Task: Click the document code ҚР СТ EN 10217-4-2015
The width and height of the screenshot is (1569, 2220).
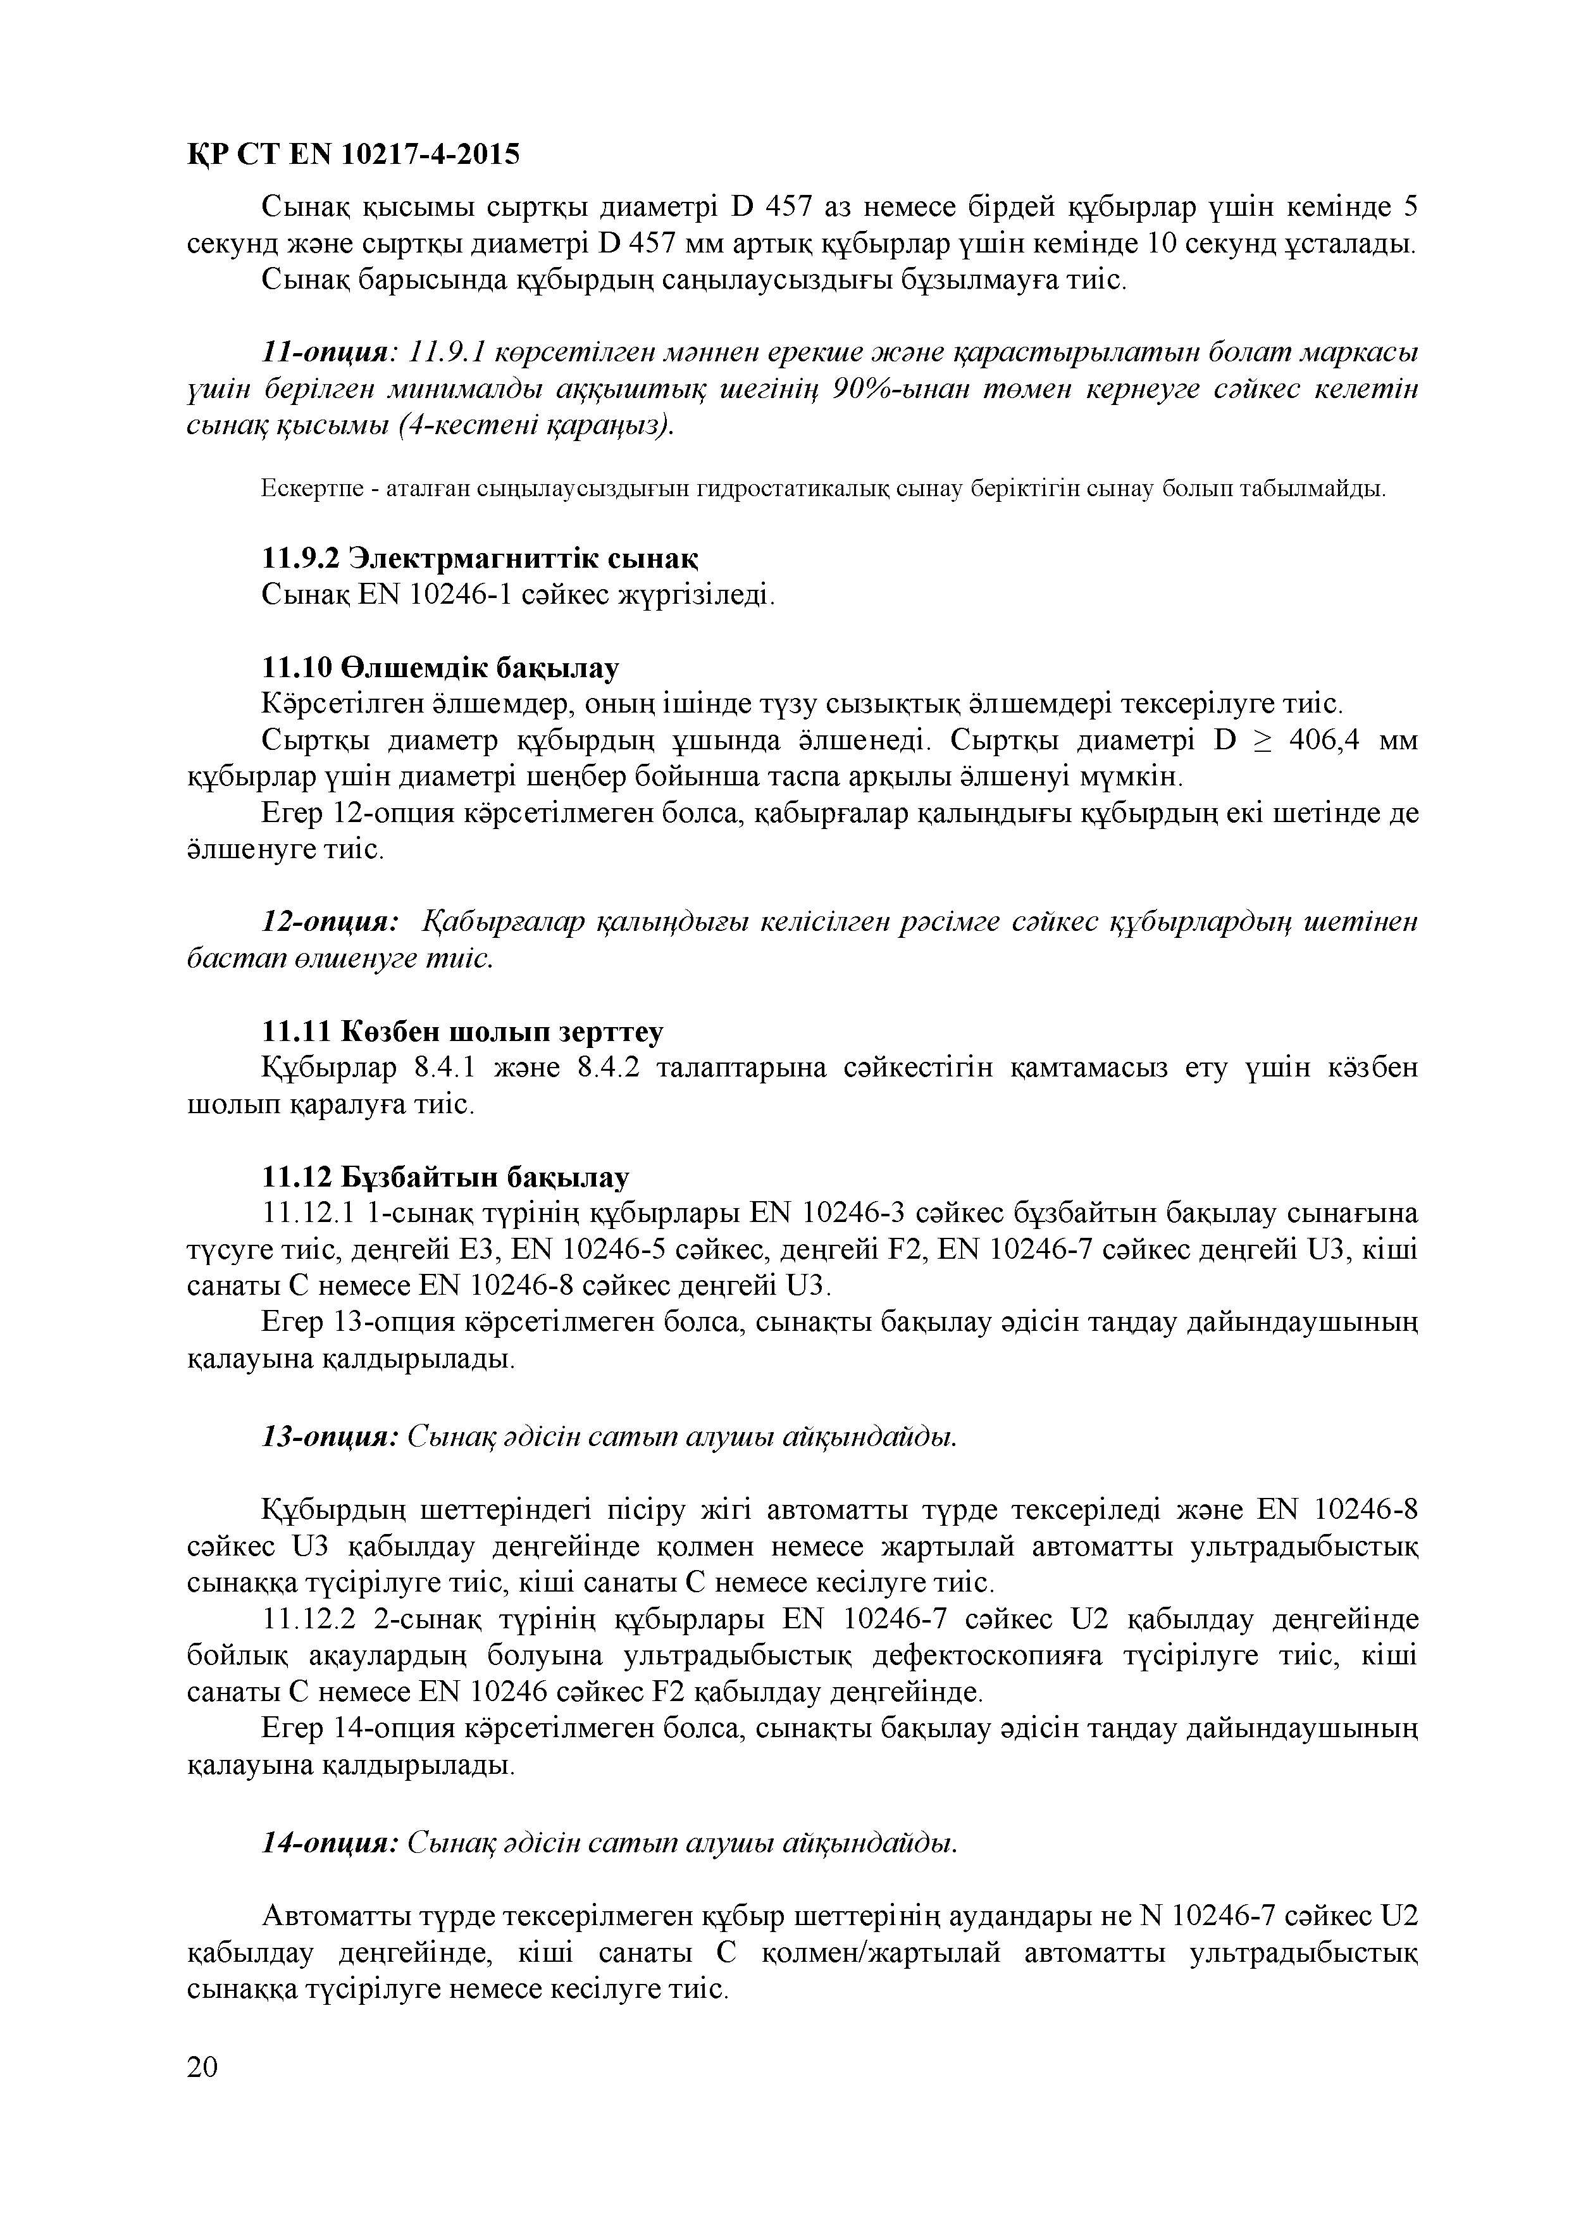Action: pyautogui.click(x=353, y=154)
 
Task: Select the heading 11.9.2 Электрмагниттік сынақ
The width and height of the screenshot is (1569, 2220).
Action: pyautogui.click(x=480, y=559)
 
